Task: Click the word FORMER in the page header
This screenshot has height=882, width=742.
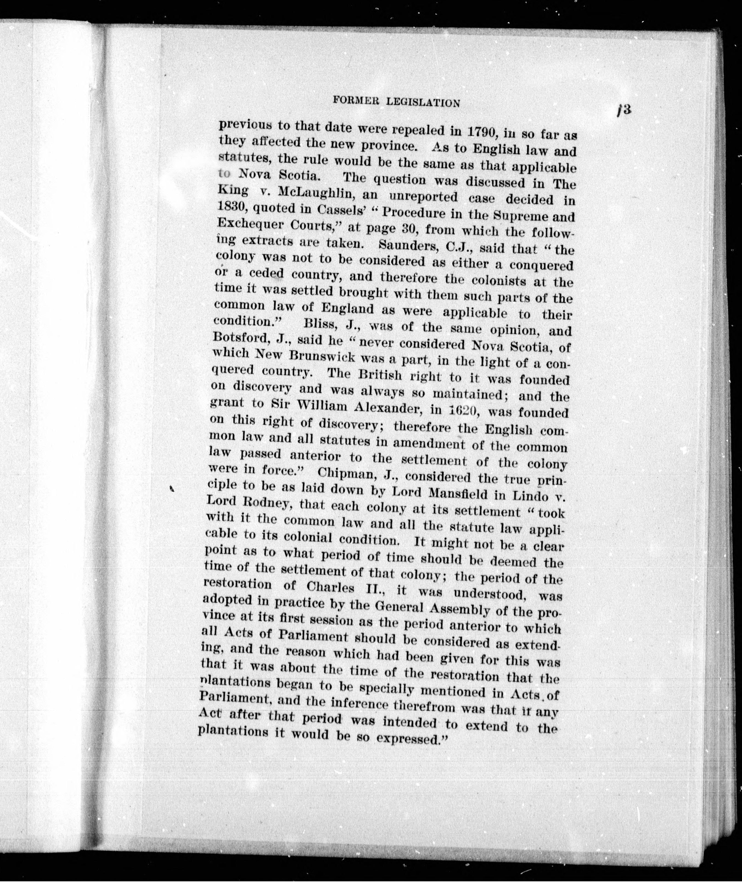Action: point(354,101)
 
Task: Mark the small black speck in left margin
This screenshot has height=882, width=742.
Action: point(172,488)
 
